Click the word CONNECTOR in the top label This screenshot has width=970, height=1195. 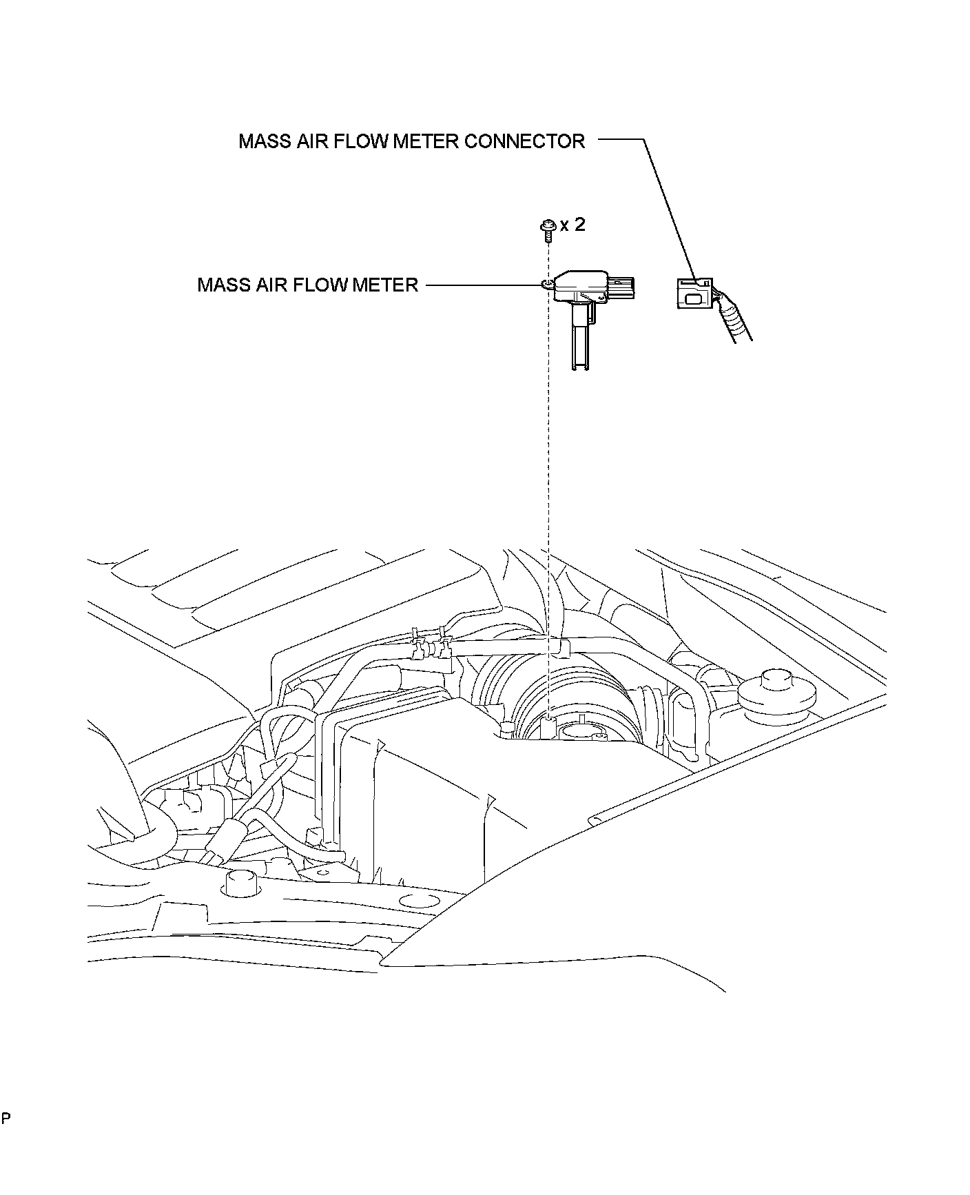[524, 141]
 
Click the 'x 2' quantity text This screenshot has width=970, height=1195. [572, 225]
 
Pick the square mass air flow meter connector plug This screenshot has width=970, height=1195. [692, 294]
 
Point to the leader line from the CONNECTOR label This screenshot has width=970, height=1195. [668, 207]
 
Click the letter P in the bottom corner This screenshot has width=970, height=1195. [6, 1118]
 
